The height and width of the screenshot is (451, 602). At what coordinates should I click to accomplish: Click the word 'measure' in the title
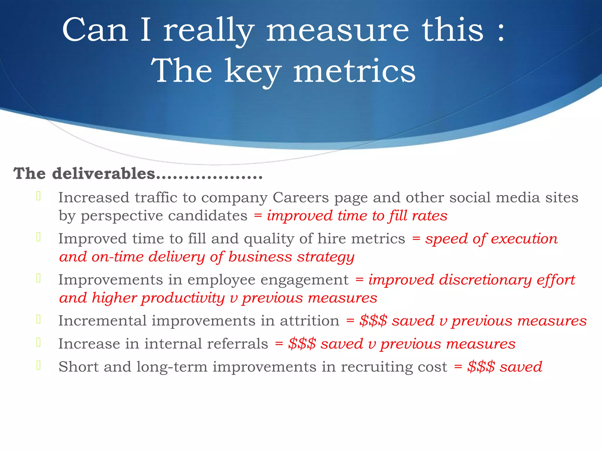point(337,30)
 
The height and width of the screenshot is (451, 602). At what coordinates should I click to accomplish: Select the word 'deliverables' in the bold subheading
point(103,174)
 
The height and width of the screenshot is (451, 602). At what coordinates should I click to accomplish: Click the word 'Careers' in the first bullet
point(300,198)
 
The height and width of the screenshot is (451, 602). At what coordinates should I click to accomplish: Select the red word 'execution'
point(524,239)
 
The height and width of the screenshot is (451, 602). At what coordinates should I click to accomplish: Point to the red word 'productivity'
point(183,298)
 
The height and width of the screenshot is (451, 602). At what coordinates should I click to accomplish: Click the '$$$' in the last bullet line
point(481,367)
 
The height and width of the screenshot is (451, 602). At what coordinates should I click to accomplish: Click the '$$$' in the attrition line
point(373,321)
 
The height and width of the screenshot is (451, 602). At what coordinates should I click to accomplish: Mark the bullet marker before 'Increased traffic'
point(38,196)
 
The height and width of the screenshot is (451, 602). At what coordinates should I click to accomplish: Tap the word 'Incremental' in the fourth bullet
point(102,321)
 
